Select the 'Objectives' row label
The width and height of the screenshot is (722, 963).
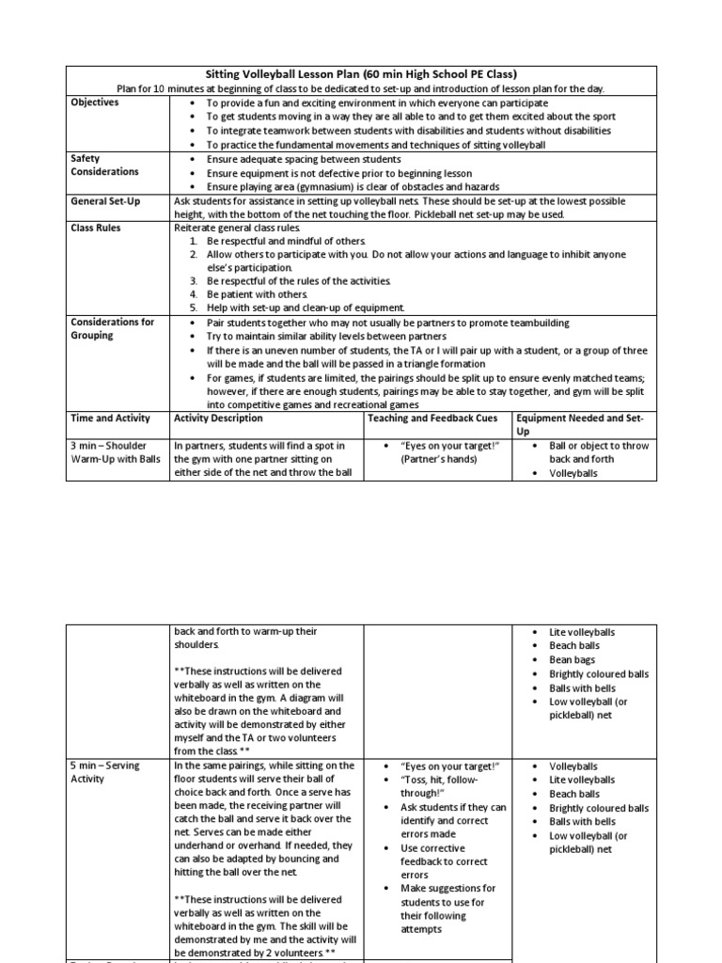95,103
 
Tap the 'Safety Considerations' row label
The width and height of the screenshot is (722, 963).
104,166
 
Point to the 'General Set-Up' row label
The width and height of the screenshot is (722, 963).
108,201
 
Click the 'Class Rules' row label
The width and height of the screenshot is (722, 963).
96,228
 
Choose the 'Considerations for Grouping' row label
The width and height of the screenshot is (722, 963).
112,328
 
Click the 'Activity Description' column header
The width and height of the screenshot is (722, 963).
219,418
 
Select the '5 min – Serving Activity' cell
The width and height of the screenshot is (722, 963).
105,772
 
